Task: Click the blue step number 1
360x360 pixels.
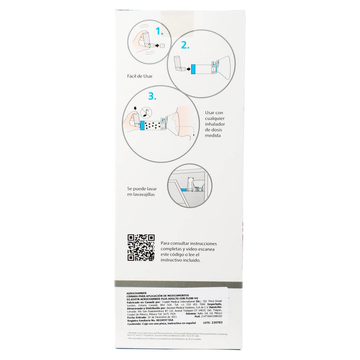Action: tap(160, 31)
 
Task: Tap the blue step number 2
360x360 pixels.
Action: tap(185, 45)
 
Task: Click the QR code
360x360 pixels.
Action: tap(141, 247)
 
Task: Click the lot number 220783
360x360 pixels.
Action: tap(227, 325)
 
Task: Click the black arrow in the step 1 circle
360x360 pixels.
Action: tap(154, 46)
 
